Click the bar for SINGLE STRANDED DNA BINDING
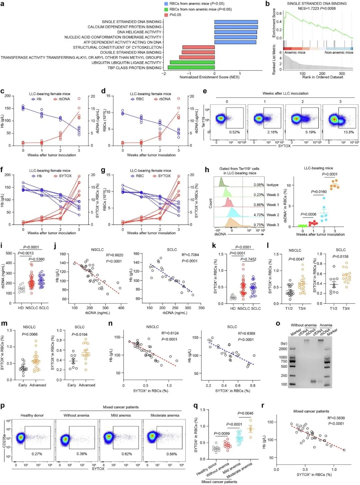click(x=236, y=22)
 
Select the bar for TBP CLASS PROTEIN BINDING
click(x=191, y=68)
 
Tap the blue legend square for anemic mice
click(x=166, y=4)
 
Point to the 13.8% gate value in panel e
click(x=349, y=132)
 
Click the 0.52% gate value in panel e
click(x=234, y=132)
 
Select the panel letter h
click(x=207, y=170)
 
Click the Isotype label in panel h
click(x=272, y=185)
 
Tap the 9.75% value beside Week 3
click(x=259, y=225)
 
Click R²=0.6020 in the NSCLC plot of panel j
click(x=114, y=255)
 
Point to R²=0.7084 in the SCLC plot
click(x=190, y=255)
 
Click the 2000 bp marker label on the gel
click(x=283, y=349)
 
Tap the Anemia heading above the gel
click(x=326, y=325)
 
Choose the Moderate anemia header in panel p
click(x=165, y=415)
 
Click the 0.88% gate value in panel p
click(x=172, y=454)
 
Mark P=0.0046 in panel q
click(x=245, y=413)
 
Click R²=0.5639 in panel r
click(x=336, y=418)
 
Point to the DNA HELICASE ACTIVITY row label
click(x=139, y=32)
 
